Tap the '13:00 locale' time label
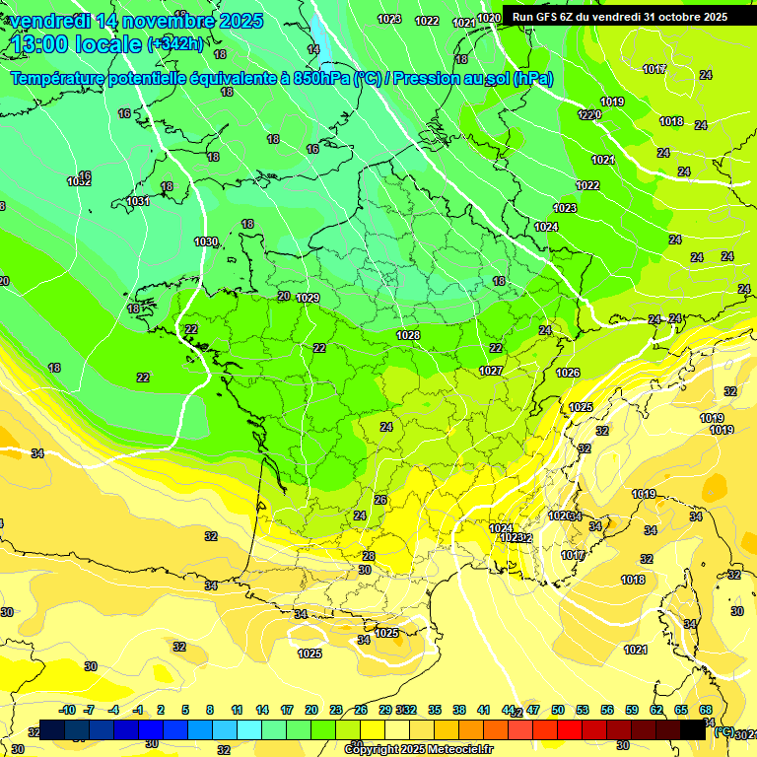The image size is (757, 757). click(77, 44)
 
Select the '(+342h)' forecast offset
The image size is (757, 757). click(175, 44)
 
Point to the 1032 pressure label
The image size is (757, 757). click(79, 181)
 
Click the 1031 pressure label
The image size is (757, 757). click(138, 201)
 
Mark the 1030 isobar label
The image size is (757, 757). click(206, 241)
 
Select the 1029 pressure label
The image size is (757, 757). click(308, 298)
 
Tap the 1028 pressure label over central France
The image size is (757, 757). click(408, 336)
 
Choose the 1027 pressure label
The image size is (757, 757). click(491, 371)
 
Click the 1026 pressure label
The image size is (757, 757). click(568, 373)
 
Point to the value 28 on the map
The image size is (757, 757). click(368, 556)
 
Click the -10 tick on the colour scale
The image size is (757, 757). click(67, 710)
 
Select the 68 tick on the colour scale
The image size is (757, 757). click(706, 710)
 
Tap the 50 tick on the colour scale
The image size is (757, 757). click(558, 710)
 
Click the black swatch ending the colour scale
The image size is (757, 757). click(692, 729)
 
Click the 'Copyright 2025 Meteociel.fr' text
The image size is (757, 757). click(418, 749)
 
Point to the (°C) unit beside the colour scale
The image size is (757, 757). click(723, 731)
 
